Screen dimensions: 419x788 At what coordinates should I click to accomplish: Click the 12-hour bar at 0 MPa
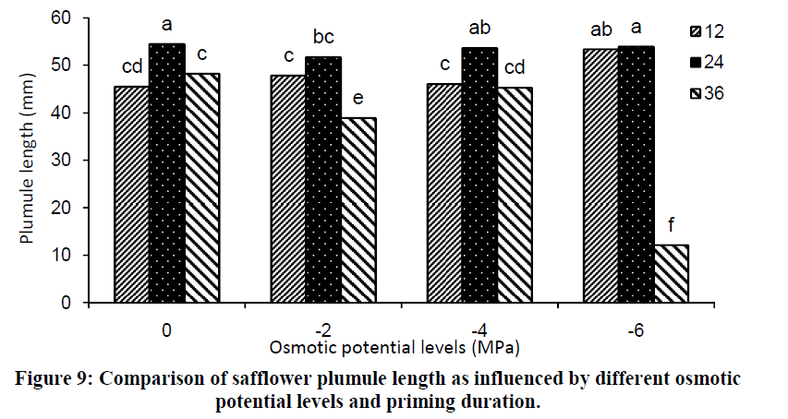pyautogui.click(x=131, y=195)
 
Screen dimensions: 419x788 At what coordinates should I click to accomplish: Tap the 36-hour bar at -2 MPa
pyautogui.click(x=358, y=210)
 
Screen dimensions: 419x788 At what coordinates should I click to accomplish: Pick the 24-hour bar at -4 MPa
pyautogui.click(x=479, y=175)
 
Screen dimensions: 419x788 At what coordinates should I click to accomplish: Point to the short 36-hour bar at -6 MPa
pyautogui.click(x=672, y=273)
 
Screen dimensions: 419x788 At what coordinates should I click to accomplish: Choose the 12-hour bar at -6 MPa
pyautogui.click(x=600, y=175)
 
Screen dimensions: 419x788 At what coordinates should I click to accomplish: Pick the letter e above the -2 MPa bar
pyautogui.click(x=358, y=98)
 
